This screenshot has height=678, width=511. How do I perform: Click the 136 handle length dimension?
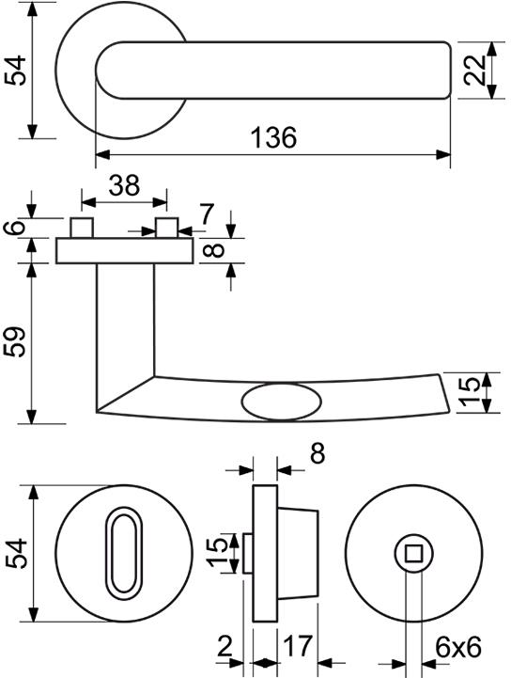pyautogui.click(x=274, y=137)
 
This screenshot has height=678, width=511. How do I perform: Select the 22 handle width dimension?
pyautogui.click(x=474, y=71)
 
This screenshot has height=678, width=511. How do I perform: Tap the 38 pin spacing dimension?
pyautogui.click(x=124, y=185)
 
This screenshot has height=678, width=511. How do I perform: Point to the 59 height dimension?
pyautogui.click(x=15, y=341)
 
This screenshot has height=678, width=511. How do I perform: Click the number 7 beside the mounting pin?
pyautogui.click(x=206, y=214)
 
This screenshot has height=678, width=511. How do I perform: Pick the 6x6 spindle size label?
pyautogui.click(x=457, y=648)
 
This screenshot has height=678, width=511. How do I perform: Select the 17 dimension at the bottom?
pyautogui.click(x=297, y=646)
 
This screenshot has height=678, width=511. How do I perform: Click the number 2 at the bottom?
pyautogui.click(x=225, y=646)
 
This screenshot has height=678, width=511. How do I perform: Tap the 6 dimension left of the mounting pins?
pyautogui.click(x=14, y=228)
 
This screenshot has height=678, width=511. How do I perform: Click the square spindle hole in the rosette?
pyautogui.click(x=414, y=553)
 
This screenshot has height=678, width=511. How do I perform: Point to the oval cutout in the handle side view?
pyautogui.click(x=281, y=402)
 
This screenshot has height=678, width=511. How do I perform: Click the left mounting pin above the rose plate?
pyautogui.click(x=82, y=228)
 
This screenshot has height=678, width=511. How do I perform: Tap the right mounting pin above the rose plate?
pyautogui.click(x=167, y=228)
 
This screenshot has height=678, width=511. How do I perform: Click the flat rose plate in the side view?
pyautogui.click(x=124, y=251)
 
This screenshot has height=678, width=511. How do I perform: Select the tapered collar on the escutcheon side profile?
pyautogui.click(x=298, y=553)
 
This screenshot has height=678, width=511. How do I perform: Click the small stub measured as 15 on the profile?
pyautogui.click(x=248, y=553)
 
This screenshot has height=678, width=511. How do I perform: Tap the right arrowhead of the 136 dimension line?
pyautogui.click(x=443, y=154)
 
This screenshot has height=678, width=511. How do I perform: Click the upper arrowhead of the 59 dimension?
pyautogui.click(x=32, y=271)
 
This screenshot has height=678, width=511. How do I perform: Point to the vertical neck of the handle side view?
pyautogui.click(x=125, y=328)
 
